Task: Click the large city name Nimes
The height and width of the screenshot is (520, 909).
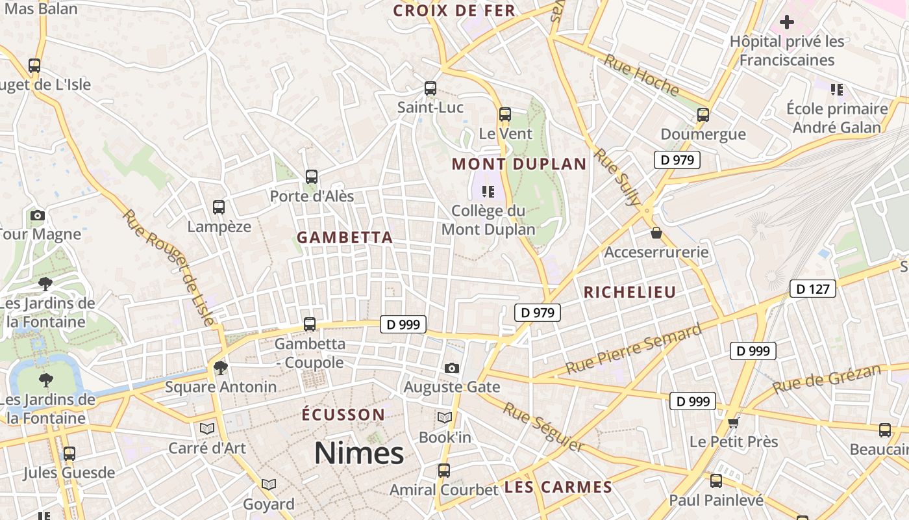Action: click(x=359, y=452)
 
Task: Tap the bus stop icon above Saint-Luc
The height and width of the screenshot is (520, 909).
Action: click(x=430, y=88)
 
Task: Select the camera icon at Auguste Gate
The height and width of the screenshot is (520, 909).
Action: click(x=452, y=368)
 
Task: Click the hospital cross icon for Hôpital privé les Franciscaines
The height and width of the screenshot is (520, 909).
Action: click(x=786, y=23)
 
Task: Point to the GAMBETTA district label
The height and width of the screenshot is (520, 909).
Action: click(x=345, y=238)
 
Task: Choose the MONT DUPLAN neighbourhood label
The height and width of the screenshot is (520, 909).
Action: click(x=519, y=164)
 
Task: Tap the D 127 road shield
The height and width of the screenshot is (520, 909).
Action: click(x=812, y=289)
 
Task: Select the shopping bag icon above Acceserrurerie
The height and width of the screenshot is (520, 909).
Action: click(x=656, y=233)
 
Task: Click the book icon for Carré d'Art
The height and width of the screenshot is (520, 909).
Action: click(x=207, y=428)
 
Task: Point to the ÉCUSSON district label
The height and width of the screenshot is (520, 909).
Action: click(x=344, y=415)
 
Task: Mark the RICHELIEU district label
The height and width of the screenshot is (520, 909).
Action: click(x=629, y=292)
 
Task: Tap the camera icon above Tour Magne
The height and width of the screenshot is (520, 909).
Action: click(x=38, y=215)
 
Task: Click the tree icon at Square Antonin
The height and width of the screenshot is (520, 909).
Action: click(x=221, y=368)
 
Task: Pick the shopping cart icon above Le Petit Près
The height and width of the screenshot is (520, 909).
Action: click(x=733, y=423)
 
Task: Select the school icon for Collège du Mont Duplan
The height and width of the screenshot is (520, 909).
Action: click(x=488, y=192)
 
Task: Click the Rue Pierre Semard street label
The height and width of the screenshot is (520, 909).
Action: click(x=633, y=348)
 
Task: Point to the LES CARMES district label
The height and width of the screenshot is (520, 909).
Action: click(x=558, y=487)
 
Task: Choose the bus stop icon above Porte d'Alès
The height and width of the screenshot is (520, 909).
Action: click(x=312, y=177)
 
